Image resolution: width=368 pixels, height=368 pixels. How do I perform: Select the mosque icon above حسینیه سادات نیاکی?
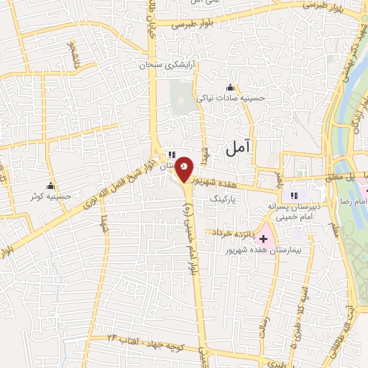[x=230, y=88]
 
